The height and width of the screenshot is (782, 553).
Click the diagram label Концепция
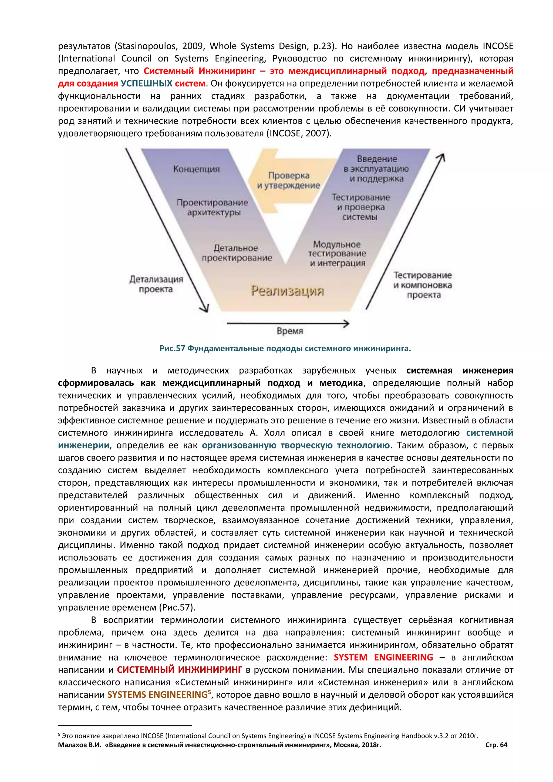tap(197, 169)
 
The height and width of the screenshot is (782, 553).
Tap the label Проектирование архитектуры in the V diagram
tap(213, 207)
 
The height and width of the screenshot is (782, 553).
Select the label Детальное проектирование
tap(237, 253)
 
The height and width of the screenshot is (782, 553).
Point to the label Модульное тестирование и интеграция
tap(337, 254)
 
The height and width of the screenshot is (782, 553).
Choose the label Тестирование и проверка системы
tap(360, 207)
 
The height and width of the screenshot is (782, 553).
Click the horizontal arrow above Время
tap(288, 323)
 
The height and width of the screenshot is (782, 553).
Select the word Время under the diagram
tap(290, 331)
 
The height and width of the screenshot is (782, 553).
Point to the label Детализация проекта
tap(156, 284)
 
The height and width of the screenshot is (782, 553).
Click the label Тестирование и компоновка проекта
tap(423, 285)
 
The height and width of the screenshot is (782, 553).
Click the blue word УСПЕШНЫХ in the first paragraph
tap(146, 83)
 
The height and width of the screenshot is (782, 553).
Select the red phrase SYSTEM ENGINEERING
tap(383, 658)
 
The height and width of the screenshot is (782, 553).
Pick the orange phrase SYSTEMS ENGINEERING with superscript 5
tap(157, 695)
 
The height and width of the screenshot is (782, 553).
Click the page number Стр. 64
tap(496, 745)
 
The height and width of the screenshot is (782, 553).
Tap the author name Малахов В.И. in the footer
tap(80, 745)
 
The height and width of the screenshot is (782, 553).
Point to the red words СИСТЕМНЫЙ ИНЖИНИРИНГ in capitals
tap(180, 670)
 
